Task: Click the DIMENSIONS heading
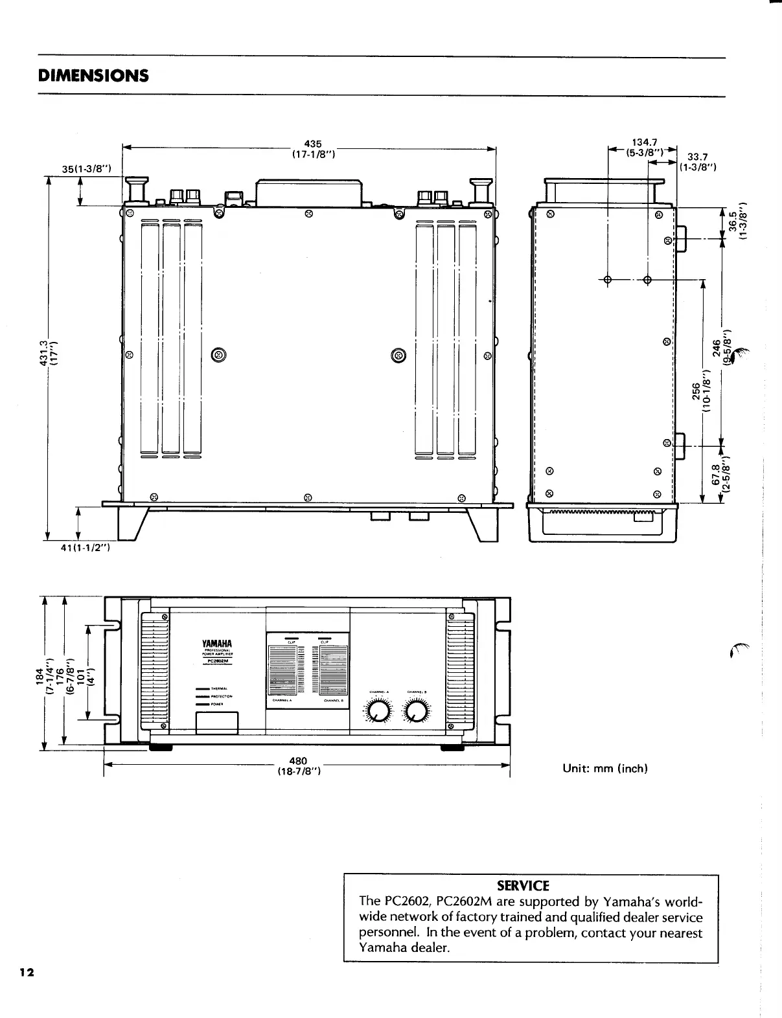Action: pyautogui.click(x=93, y=76)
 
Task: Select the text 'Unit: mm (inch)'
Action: pyautogui.click(x=606, y=769)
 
